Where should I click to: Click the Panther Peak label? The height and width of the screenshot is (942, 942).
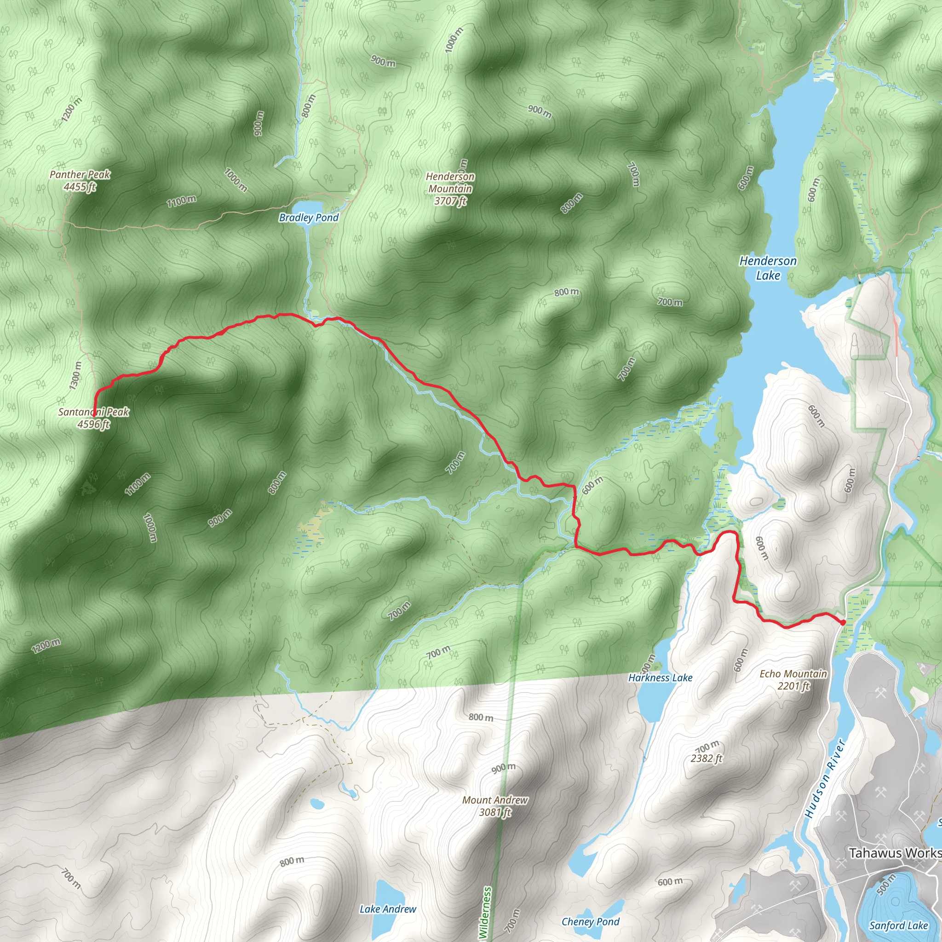(80, 180)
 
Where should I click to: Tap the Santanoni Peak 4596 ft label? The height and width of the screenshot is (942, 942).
(94, 418)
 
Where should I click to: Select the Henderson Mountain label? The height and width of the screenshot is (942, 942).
(450, 189)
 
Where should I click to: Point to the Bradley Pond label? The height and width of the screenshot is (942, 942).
(309, 218)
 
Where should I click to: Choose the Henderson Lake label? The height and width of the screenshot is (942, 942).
(768, 268)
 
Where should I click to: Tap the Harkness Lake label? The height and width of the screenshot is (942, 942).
(660, 678)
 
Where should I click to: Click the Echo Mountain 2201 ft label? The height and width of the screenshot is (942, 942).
(793, 680)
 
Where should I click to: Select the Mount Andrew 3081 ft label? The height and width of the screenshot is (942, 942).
(495, 806)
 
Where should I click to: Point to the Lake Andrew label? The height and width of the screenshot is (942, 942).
(388, 909)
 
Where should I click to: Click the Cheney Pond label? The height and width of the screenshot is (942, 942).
(591, 921)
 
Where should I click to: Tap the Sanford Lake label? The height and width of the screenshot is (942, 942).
(899, 925)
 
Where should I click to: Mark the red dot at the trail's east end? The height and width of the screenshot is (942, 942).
(843, 622)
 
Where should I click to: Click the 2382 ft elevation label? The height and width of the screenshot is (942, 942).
(706, 758)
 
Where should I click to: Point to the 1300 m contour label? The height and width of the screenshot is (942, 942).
(75, 375)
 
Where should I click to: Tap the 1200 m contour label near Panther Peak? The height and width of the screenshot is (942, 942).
(72, 110)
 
